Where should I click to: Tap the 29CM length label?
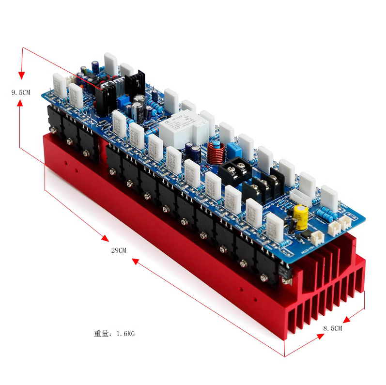pos(119,250)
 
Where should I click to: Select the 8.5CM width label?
pos(333,328)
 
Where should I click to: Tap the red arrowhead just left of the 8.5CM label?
pos(346,320)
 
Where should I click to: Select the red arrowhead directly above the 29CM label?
pos(104,237)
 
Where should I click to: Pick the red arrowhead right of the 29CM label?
pos(136,262)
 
